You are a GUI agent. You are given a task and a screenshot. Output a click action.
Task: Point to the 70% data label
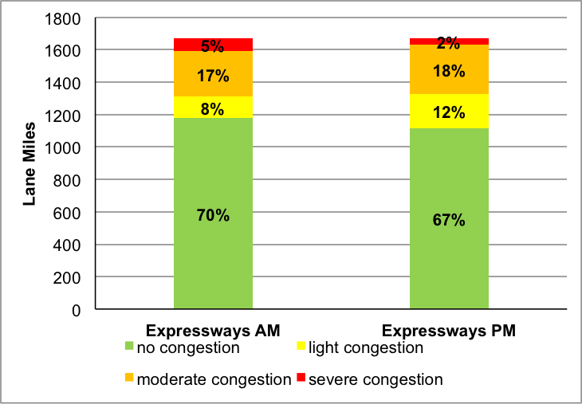[x=214, y=215]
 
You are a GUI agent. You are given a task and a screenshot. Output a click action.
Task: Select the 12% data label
[x=449, y=112]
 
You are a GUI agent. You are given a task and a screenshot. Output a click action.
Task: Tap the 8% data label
[x=214, y=108]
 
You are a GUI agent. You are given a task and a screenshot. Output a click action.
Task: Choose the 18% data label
[x=449, y=70]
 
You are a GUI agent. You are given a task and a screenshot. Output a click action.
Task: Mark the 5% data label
[x=214, y=46]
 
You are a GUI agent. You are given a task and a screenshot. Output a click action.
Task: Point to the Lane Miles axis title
[x=29, y=163]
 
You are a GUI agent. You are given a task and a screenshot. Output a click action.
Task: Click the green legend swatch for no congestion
[x=129, y=347]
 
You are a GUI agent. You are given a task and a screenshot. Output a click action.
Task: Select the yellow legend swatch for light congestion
[x=301, y=347]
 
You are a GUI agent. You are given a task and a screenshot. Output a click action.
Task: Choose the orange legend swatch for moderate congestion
[x=129, y=379]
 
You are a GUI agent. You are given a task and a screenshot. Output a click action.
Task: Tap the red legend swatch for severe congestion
[x=301, y=379]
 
